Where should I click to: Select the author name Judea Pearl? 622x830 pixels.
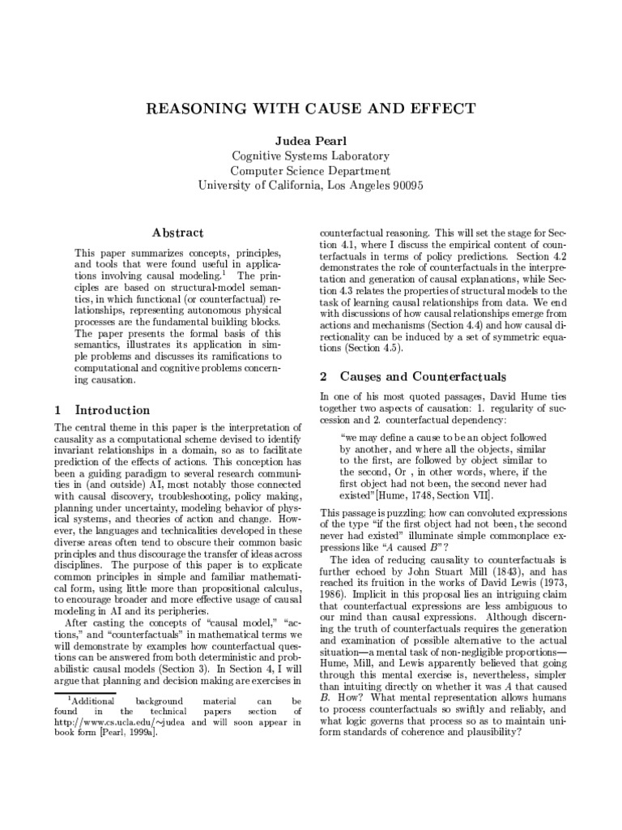(311, 141)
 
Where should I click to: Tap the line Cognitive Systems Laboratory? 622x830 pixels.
(311, 156)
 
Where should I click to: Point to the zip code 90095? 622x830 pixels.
(402, 185)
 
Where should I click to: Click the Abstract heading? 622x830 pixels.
(181, 233)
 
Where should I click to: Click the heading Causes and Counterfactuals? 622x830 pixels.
(424, 376)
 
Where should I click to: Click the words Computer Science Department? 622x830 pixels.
(311, 171)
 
